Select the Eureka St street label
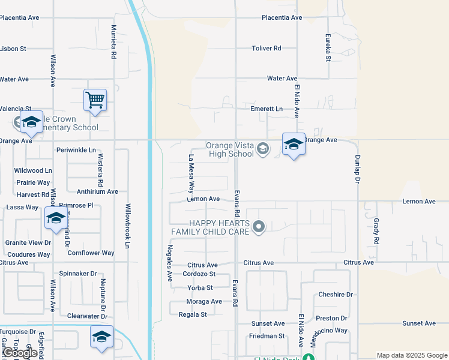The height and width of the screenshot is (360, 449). [328, 47]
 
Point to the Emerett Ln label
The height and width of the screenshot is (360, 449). [267, 109]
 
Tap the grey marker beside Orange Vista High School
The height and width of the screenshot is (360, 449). [262, 148]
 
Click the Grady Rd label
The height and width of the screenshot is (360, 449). [376, 230]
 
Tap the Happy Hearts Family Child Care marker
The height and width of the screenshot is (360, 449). [259, 227]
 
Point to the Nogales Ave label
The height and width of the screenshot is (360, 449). [170, 263]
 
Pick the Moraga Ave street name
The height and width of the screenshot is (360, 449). [204, 301]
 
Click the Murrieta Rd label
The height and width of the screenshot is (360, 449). [113, 42]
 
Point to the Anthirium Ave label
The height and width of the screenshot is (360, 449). [97, 191]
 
